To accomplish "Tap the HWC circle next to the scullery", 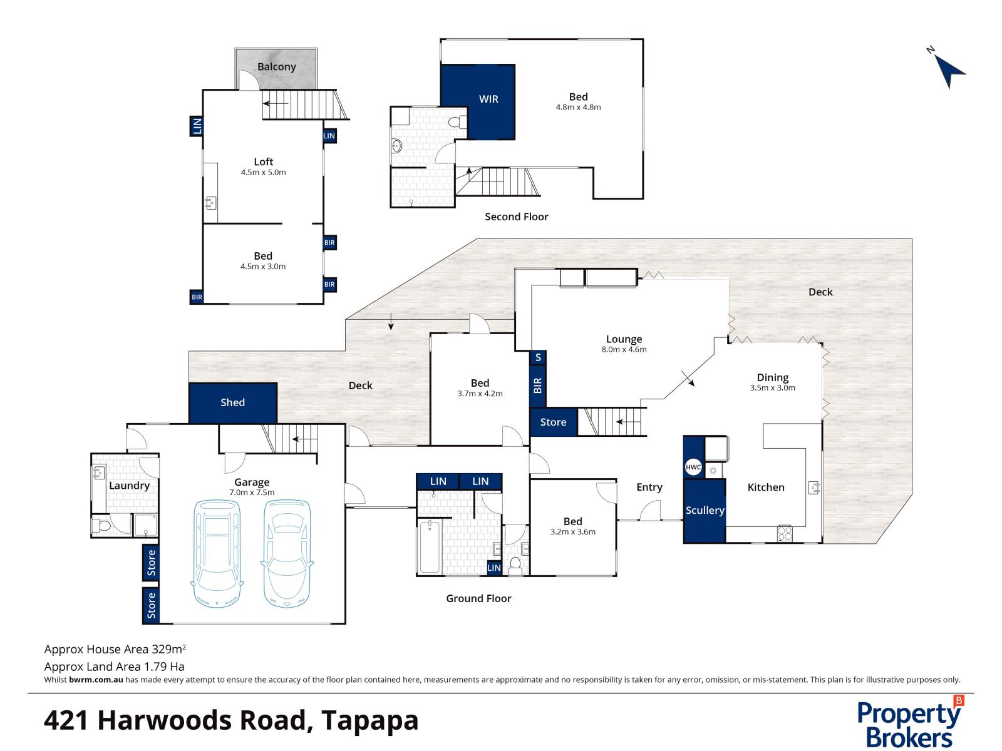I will (693, 467).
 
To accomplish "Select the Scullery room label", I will (705, 510).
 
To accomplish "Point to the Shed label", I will (232, 402).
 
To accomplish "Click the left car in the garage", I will (216, 554).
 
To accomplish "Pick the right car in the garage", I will (286, 554).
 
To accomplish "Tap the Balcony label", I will (276, 67).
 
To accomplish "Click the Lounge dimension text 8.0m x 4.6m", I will (624, 350).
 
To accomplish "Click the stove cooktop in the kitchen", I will (785, 534).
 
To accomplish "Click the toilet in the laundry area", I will (100, 525).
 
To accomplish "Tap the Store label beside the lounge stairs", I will (553, 422).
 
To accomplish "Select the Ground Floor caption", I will (478, 598).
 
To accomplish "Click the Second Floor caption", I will (516, 217).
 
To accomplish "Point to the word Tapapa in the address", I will (369, 720).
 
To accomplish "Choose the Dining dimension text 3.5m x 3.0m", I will (772, 388).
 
